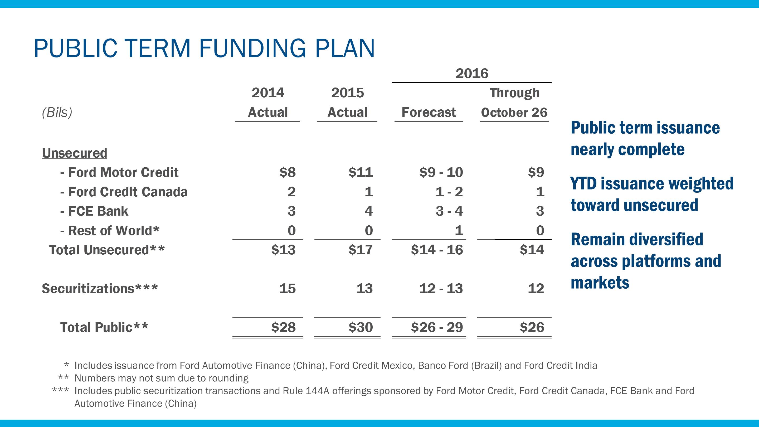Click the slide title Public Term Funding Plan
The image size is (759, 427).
click(204, 48)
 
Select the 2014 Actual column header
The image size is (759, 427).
click(267, 102)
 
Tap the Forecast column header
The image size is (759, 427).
click(429, 112)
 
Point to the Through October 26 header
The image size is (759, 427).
click(514, 103)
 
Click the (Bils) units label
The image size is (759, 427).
click(57, 112)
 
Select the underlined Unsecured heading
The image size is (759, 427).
click(75, 153)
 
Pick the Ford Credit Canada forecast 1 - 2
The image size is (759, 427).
click(449, 192)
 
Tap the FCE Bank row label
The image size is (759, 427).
click(94, 211)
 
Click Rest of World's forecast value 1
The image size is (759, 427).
click(459, 230)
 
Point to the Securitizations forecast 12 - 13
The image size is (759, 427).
click(441, 289)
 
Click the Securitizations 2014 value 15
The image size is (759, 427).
click(287, 289)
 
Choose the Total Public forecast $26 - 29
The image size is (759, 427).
click(437, 327)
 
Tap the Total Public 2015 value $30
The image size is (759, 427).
click(361, 327)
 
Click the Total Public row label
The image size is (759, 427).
click(104, 327)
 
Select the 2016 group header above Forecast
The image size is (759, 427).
click(472, 73)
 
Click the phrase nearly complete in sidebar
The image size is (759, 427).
click(627, 149)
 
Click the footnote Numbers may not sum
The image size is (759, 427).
click(162, 378)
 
